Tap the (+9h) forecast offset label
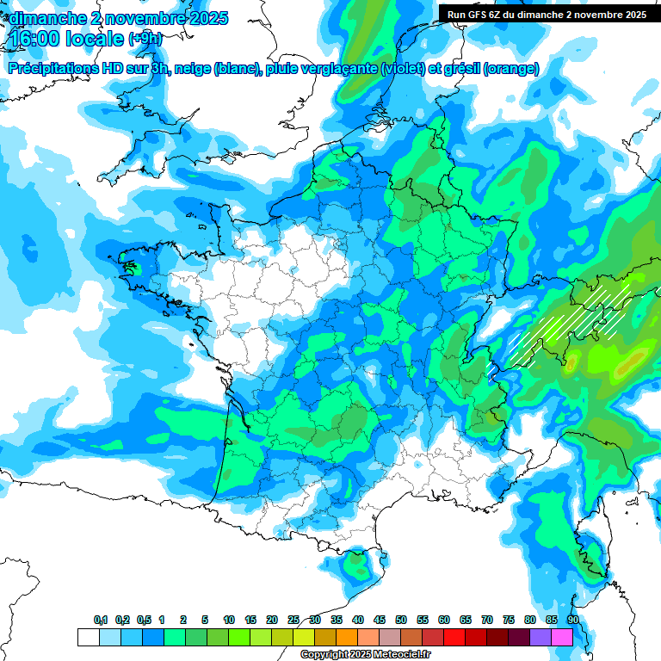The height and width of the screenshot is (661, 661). point(145,39)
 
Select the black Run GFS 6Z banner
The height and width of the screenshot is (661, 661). point(547,14)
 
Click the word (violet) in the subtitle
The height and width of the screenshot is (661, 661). point(403,69)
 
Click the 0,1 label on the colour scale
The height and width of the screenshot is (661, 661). point(101,621)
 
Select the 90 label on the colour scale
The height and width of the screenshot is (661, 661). point(573,621)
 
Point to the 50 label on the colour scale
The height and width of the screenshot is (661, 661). point(401,621)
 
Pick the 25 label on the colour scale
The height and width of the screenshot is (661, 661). point(293,621)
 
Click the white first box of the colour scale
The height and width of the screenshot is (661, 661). point(88,637)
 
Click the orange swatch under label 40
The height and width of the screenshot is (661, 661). point(347,637)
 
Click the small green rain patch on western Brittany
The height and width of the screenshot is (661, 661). point(131,266)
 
